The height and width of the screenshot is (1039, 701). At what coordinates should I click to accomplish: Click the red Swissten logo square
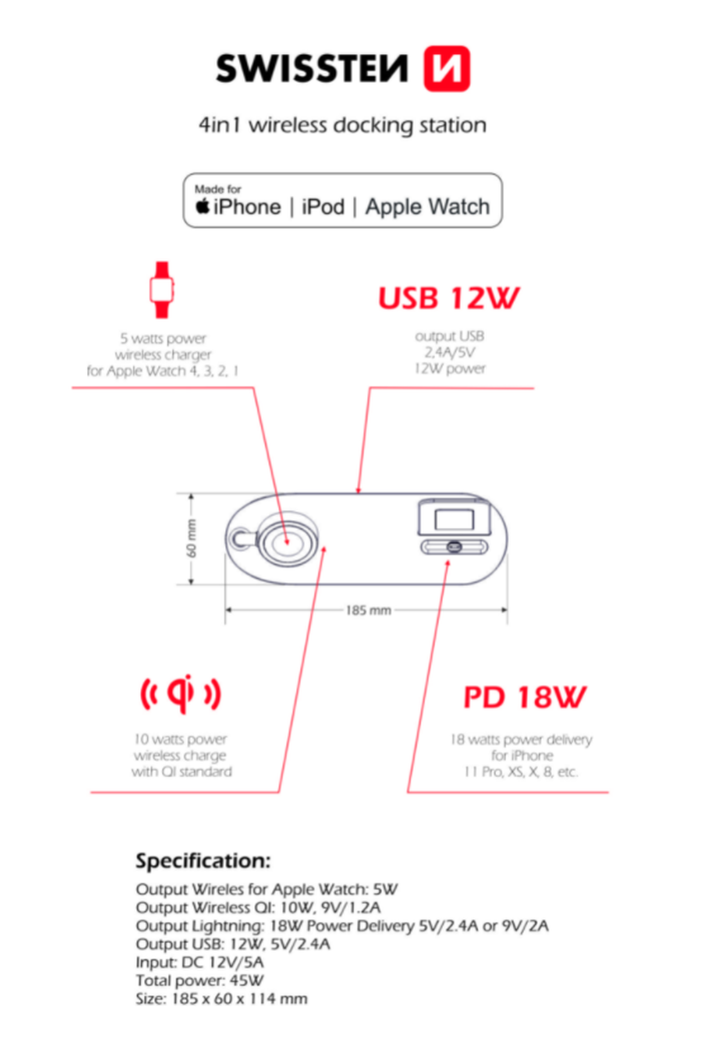click(x=447, y=69)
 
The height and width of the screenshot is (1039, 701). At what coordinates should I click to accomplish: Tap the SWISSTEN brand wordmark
click(x=312, y=68)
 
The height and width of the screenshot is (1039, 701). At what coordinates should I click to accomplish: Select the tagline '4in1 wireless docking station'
click(x=342, y=125)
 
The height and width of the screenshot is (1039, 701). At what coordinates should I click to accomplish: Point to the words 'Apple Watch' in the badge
click(x=427, y=207)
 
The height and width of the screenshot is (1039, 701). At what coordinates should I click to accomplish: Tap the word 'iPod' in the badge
click(x=323, y=207)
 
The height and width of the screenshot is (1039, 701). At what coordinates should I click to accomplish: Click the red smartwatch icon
click(x=162, y=290)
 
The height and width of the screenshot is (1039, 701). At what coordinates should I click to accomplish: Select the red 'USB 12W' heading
click(x=449, y=298)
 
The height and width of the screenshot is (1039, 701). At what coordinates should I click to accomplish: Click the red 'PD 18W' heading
click(x=524, y=697)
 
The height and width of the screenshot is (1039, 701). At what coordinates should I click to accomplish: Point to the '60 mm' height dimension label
click(x=191, y=538)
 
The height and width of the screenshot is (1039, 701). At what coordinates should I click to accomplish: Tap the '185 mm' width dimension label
click(x=368, y=610)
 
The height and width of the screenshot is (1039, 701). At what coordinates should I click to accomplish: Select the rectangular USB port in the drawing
click(x=454, y=519)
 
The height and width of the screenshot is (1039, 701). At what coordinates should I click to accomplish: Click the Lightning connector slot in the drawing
click(x=454, y=547)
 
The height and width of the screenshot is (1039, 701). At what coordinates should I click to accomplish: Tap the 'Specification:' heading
click(x=203, y=861)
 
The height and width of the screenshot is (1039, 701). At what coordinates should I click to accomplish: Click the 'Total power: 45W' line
click(x=199, y=980)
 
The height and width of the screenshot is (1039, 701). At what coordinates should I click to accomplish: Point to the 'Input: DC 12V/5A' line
click(x=199, y=962)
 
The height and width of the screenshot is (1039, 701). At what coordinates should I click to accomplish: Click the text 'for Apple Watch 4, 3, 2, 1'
click(x=163, y=371)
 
